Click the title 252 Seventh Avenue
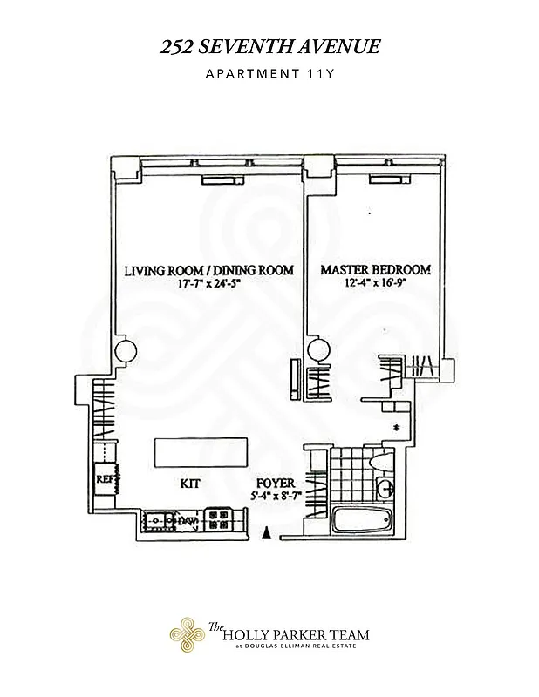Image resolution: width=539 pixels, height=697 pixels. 269,47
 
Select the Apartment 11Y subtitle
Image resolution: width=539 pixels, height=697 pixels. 269,73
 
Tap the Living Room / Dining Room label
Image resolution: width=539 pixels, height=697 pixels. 208,270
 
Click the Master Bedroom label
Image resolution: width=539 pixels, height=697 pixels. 375,270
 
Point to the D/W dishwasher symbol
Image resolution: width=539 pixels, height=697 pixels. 188,521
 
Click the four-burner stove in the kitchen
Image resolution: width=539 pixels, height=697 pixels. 217,521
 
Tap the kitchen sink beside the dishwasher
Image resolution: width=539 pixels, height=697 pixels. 158,521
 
